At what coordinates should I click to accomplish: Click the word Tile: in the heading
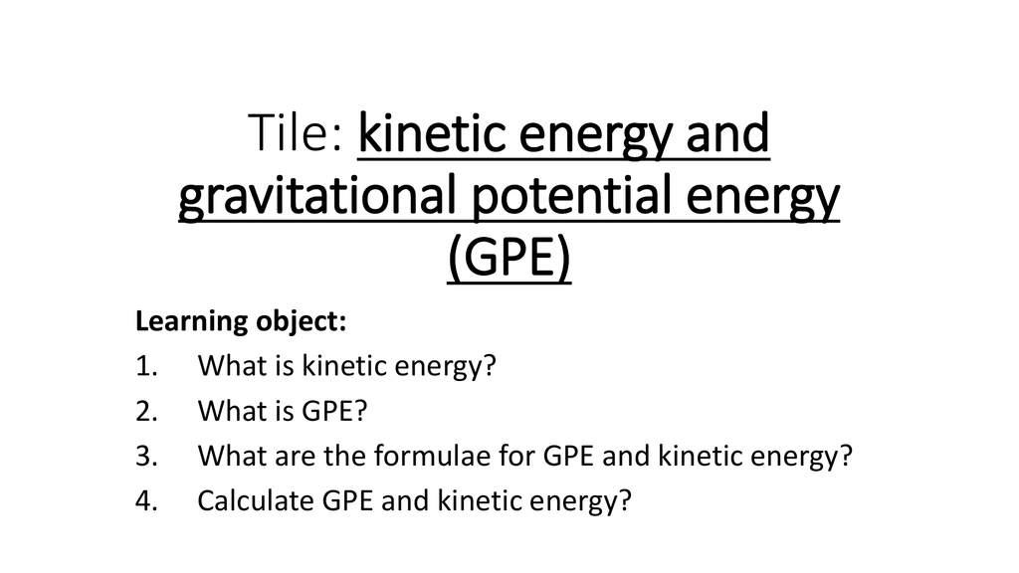click(295, 132)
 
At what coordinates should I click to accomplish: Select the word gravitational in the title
click(317, 197)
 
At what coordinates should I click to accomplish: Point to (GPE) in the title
click(509, 258)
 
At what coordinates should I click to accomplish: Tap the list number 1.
click(147, 366)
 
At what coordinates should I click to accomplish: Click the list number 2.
click(147, 411)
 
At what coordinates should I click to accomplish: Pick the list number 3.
click(147, 456)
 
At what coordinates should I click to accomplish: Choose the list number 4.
click(147, 501)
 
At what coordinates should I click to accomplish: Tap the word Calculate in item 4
click(256, 501)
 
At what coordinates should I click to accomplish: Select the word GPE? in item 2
click(334, 411)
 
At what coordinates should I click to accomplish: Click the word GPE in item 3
click(568, 456)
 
